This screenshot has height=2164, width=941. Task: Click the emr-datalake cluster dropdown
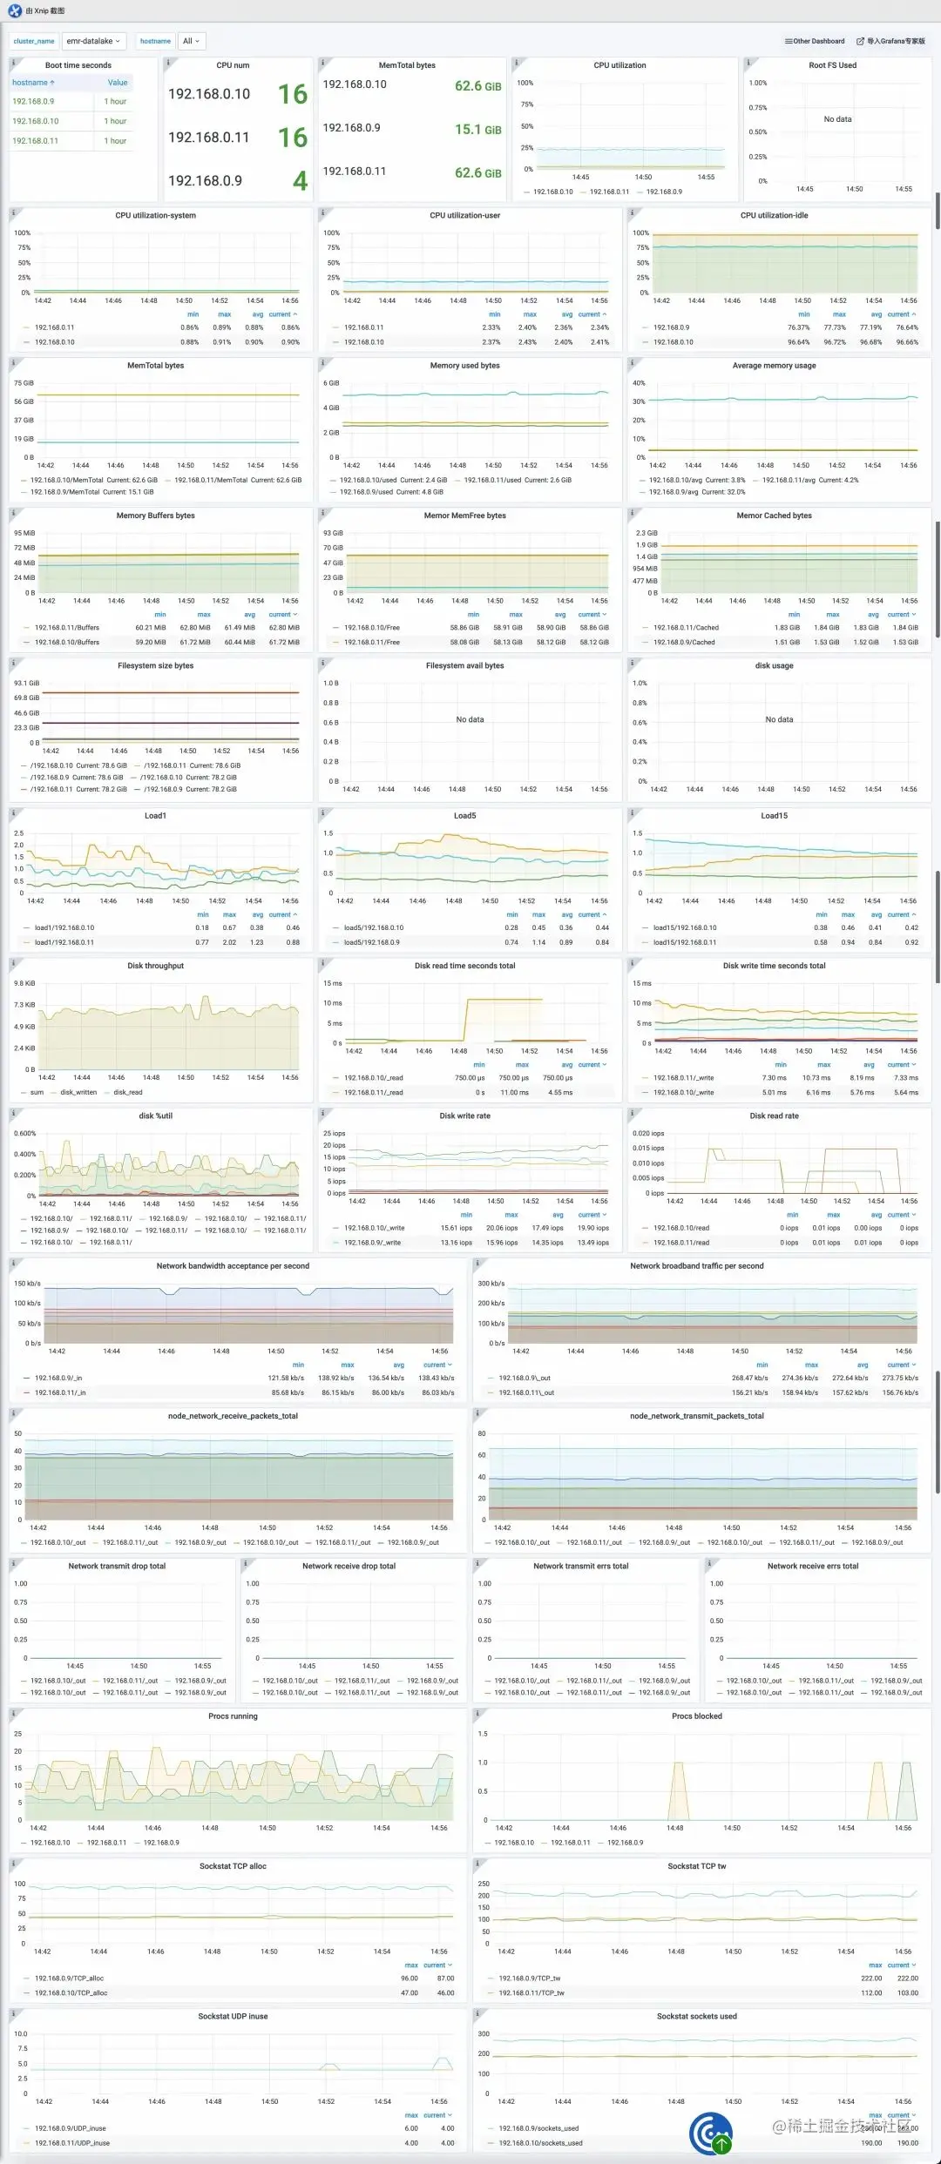coord(94,41)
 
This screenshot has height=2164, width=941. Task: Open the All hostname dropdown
coord(191,41)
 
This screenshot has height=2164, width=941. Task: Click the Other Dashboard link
coord(815,41)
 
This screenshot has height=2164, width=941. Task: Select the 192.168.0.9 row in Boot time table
coord(33,101)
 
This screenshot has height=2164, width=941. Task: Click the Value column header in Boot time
coord(117,83)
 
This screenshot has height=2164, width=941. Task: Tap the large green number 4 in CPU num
coord(300,180)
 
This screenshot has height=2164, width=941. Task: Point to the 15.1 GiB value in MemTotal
coord(477,129)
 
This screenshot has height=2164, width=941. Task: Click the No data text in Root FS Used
coord(837,119)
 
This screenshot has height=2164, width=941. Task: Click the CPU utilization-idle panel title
coord(774,215)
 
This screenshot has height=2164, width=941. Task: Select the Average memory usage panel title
coord(774,366)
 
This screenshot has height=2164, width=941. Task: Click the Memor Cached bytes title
coord(774,516)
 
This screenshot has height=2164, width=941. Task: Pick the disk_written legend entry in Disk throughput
coord(78,1092)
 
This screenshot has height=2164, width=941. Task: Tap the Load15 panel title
coord(774,816)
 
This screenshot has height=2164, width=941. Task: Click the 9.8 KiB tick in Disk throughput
coord(24,983)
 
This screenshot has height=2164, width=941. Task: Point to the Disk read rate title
coord(774,1116)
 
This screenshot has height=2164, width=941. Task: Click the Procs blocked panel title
coord(696,1716)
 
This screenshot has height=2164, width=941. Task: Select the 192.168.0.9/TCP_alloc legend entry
coord(71,1978)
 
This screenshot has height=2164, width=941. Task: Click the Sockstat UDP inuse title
coord(233,2016)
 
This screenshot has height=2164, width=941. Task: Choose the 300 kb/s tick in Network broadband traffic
coord(491,1284)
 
